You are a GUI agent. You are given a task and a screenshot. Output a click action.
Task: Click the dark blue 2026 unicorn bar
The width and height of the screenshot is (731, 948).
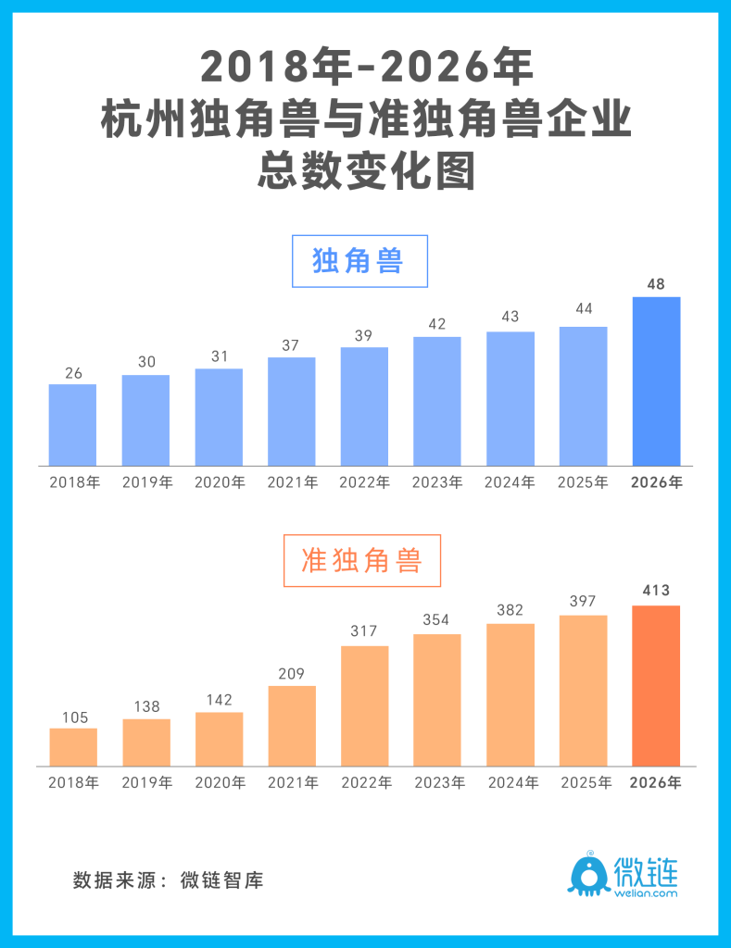(x=656, y=381)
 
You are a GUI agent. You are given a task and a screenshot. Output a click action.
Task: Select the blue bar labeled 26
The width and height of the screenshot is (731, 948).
(x=72, y=425)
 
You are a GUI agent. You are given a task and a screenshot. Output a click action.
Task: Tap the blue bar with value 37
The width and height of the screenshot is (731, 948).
(x=292, y=411)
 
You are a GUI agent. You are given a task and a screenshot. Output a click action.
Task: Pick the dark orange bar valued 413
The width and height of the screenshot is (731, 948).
(x=656, y=685)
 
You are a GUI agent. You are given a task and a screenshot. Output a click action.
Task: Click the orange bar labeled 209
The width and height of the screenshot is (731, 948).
(x=292, y=726)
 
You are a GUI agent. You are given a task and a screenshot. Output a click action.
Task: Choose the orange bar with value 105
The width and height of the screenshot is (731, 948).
(x=73, y=747)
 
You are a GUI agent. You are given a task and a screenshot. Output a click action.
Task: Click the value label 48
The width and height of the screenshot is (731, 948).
(x=656, y=284)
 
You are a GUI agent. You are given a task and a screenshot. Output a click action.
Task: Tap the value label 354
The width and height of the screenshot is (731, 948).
(x=437, y=619)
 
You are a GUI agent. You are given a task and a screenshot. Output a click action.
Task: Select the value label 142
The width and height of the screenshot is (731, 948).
(x=219, y=699)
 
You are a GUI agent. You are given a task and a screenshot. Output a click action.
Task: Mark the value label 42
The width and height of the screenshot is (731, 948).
(x=437, y=324)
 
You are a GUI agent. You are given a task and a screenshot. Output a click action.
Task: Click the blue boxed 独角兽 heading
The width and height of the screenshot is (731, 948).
(x=359, y=261)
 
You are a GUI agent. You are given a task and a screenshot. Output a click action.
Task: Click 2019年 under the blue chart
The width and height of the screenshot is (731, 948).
(x=146, y=482)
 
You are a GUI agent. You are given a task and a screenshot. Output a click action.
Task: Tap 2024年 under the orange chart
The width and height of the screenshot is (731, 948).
(x=510, y=783)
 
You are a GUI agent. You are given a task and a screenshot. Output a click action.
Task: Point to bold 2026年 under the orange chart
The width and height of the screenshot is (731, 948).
(x=656, y=783)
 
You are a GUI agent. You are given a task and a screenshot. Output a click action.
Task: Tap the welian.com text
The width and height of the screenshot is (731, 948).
(x=646, y=893)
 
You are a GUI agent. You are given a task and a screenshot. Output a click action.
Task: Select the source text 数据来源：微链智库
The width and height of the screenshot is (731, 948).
(x=168, y=880)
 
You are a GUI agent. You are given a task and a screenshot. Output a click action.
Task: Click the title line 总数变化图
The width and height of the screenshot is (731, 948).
(x=365, y=172)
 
